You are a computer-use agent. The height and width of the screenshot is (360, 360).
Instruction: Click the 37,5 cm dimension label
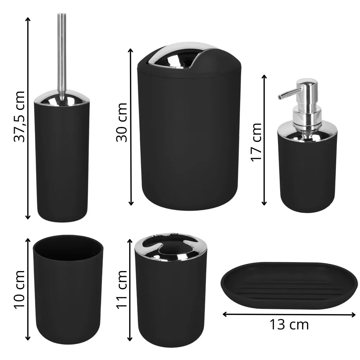coord(19,116)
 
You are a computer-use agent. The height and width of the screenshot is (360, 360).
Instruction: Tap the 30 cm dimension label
coord(122,122)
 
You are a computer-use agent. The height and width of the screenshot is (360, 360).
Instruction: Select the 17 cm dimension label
coord(256,142)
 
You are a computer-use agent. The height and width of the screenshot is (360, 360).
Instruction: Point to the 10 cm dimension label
coord(19,289)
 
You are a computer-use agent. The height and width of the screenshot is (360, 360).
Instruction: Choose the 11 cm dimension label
coord(122,289)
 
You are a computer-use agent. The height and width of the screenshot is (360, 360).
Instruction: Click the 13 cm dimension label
coord(289,325)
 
